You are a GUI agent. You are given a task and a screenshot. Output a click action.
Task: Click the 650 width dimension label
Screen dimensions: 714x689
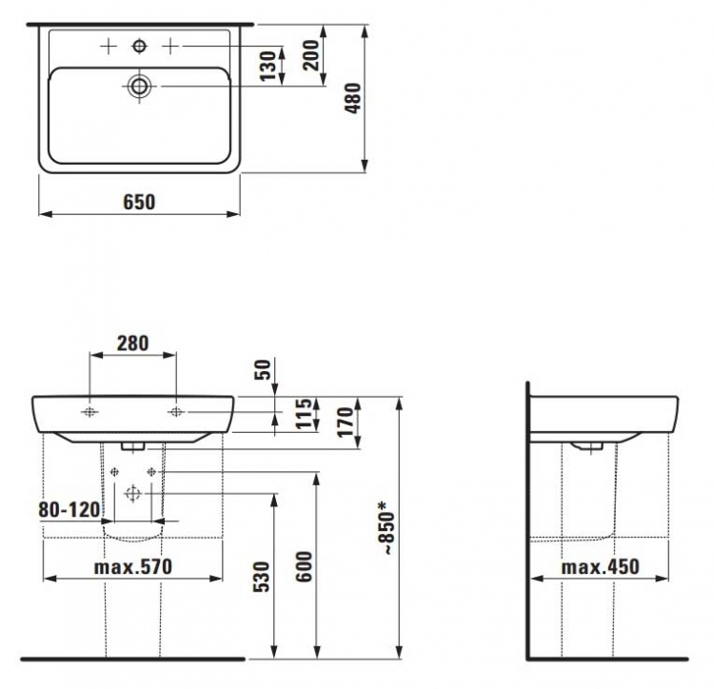coord(139,202)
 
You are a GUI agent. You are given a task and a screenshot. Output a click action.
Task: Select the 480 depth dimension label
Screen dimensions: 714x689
coord(353,98)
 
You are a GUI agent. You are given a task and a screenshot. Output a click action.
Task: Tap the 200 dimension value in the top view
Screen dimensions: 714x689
coord(311,55)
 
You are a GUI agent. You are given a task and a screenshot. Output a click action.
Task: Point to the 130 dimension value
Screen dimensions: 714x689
coord(268,66)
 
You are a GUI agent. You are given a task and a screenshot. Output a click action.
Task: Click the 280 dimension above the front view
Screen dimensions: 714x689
coord(133,344)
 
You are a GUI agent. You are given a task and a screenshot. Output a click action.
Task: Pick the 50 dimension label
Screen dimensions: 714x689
coord(263,369)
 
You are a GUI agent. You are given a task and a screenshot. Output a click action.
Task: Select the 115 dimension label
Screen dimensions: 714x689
coord(305,414)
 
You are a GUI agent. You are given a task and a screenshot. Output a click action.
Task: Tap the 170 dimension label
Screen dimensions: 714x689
coord(346,422)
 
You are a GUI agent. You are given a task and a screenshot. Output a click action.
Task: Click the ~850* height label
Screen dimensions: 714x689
coord(387,527)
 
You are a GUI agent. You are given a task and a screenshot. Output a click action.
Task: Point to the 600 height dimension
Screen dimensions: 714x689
coord(305,566)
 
